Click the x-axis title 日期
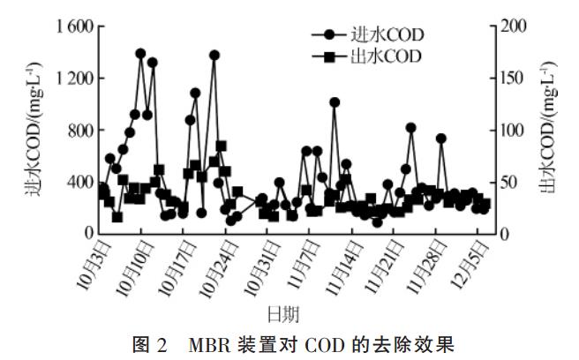click(285, 313)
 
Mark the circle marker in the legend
click(329, 35)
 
